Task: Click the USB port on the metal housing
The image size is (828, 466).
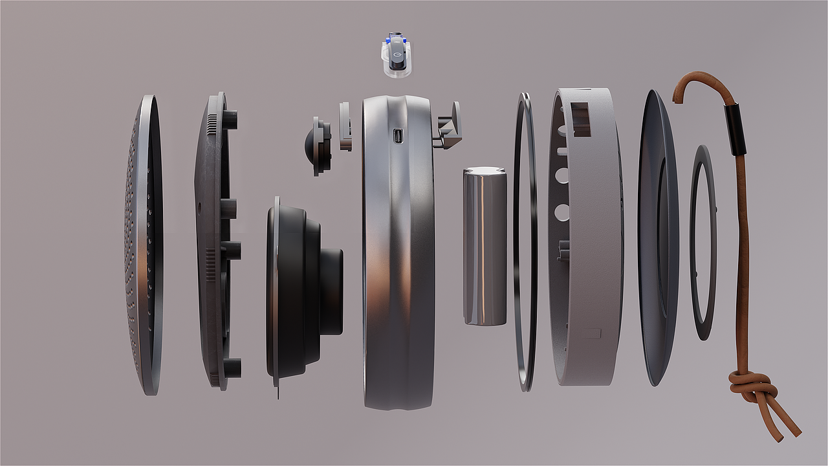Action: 398,136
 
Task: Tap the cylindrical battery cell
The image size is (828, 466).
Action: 485,246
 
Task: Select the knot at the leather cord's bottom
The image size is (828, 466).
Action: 752,387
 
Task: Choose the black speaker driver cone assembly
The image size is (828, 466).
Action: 298,291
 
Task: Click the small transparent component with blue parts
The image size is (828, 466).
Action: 397,57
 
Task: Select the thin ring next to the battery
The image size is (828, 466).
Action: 525,243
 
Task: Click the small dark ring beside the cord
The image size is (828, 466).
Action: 703,243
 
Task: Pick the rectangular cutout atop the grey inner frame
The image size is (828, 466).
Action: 580,118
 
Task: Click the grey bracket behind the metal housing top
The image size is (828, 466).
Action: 450,126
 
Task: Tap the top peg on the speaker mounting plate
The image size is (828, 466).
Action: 231,119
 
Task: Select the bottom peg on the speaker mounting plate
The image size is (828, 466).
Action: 232,368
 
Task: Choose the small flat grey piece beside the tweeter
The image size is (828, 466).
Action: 345,127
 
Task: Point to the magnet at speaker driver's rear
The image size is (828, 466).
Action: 331,291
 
